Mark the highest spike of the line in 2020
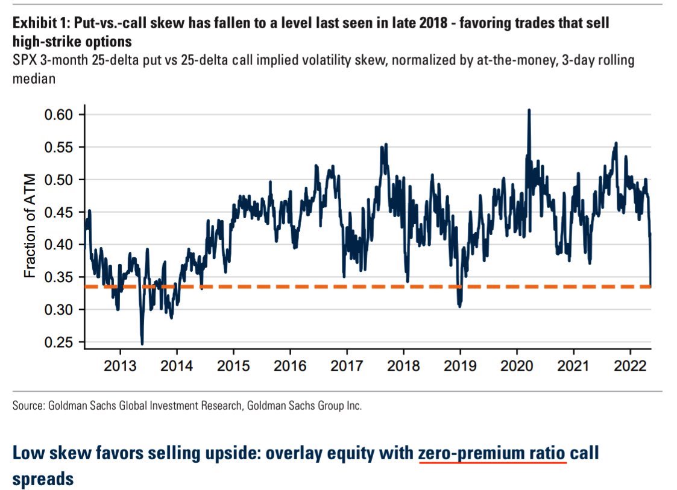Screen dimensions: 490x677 (x=529, y=110)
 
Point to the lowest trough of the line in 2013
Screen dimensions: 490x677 (x=142, y=344)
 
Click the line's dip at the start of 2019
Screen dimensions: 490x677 (x=459, y=306)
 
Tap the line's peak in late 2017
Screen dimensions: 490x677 (x=385, y=145)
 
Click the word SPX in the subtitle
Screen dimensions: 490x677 (x=24, y=61)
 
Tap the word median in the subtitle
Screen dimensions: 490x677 (x=35, y=79)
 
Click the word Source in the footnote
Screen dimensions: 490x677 (x=28, y=406)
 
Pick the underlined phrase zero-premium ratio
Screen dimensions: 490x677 (x=493, y=453)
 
